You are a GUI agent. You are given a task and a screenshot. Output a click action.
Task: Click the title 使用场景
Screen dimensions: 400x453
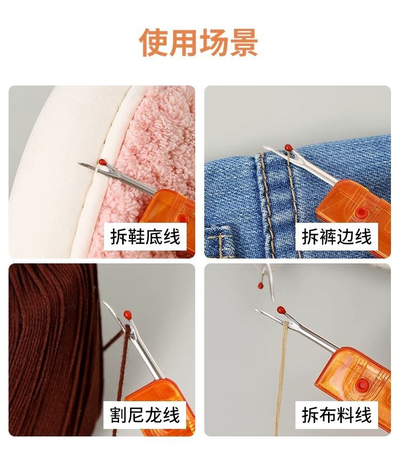pos(199,43)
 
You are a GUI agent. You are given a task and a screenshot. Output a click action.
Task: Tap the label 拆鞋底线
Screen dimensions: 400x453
pos(145,237)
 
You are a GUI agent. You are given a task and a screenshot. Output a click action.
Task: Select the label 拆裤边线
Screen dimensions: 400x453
pos(337,237)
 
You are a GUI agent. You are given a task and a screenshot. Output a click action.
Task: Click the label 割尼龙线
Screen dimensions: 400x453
pos(145,415)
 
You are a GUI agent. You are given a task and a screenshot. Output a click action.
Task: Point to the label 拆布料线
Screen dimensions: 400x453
pos(337,415)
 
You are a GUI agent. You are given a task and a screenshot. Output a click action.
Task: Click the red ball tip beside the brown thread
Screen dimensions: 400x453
pos(127,314)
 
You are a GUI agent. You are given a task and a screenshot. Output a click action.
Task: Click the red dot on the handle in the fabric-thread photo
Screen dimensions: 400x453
pos(362,385)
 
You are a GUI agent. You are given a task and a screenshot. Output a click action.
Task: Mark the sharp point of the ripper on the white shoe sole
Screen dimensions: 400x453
pos(79,164)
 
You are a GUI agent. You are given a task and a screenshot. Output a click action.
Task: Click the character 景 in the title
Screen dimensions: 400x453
pos(244,43)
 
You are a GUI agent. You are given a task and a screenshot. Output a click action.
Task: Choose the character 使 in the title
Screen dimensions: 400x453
pos(154,43)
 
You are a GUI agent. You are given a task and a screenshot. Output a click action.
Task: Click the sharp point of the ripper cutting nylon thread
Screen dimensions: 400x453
pos(104,302)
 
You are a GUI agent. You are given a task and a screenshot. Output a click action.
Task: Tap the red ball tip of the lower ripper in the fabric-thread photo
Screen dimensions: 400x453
pos(282,310)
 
